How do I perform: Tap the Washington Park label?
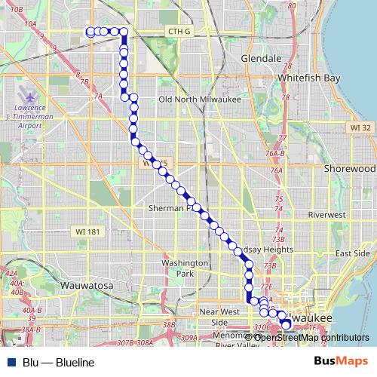[x=184, y=268]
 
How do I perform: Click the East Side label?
[x=352, y=253]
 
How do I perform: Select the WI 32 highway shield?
[x=362, y=129]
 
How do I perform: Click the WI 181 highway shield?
[x=84, y=229]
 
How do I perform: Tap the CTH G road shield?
[x=179, y=31]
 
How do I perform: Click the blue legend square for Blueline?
[x=11, y=363]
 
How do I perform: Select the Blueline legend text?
[x=59, y=363]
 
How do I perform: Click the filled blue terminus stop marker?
[x=285, y=324]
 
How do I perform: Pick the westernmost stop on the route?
[x=90, y=32]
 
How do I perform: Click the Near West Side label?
[x=219, y=316]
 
